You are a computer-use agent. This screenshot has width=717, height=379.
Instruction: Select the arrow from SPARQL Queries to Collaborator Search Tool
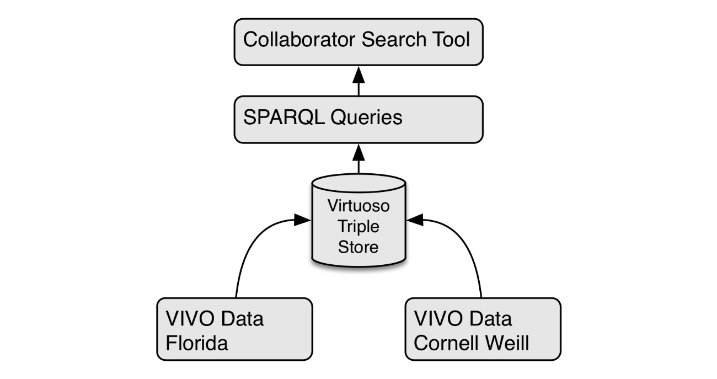click(x=359, y=81)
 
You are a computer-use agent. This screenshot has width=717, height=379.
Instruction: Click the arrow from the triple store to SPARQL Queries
click(x=359, y=159)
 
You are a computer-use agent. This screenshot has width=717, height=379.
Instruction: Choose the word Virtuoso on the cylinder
click(x=358, y=206)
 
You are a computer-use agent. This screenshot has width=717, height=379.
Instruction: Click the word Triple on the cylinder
click(x=358, y=226)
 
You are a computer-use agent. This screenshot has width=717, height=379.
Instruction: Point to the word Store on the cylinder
click(x=358, y=246)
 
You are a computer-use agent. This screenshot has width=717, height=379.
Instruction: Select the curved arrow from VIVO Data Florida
click(x=248, y=243)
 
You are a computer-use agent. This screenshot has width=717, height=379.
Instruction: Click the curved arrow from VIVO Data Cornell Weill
click(x=469, y=243)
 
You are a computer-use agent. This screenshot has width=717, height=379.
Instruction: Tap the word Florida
click(x=196, y=343)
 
